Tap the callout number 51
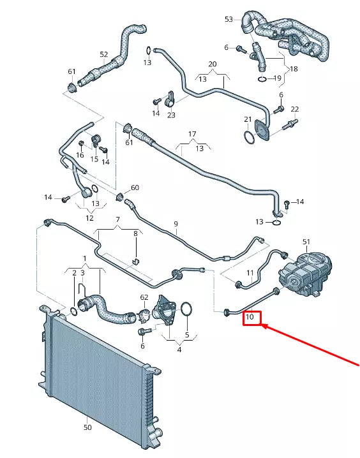pyautogui.click(x=306, y=242)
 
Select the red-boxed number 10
pyautogui.click(x=251, y=316)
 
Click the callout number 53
pyautogui.click(x=229, y=20)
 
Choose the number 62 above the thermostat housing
pyautogui.click(x=144, y=297)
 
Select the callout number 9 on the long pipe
pyautogui.click(x=176, y=224)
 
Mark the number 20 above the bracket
pyautogui.click(x=213, y=64)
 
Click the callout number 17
pyautogui.click(x=191, y=134)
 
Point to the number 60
pyautogui.click(x=135, y=188)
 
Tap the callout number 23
pyautogui.click(x=171, y=115)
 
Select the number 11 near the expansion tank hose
pyautogui.click(x=250, y=273)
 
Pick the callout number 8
pyautogui.click(x=135, y=234)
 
